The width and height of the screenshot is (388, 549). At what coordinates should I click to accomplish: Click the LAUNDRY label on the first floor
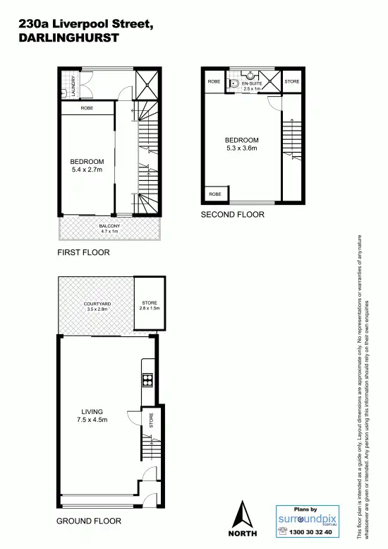tap(64, 85)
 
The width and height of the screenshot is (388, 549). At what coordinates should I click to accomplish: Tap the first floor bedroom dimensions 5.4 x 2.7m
tap(87, 170)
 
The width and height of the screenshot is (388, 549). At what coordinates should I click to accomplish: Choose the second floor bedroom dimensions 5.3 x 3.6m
tap(241, 148)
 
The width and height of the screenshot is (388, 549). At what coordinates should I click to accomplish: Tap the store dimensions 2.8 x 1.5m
tap(150, 309)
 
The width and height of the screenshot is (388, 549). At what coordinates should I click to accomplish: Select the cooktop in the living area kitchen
tap(148, 381)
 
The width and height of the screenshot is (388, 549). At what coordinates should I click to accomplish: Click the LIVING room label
tap(92, 411)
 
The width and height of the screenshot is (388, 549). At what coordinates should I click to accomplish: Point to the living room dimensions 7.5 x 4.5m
tap(92, 420)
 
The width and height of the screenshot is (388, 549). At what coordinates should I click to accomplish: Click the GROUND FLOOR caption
tap(89, 521)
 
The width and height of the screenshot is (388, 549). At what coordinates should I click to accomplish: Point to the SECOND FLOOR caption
tap(233, 214)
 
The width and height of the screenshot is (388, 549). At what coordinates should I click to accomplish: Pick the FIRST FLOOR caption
tap(84, 252)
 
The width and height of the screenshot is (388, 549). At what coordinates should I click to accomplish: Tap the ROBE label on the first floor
tap(87, 109)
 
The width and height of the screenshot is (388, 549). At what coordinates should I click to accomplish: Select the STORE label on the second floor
tap(291, 82)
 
